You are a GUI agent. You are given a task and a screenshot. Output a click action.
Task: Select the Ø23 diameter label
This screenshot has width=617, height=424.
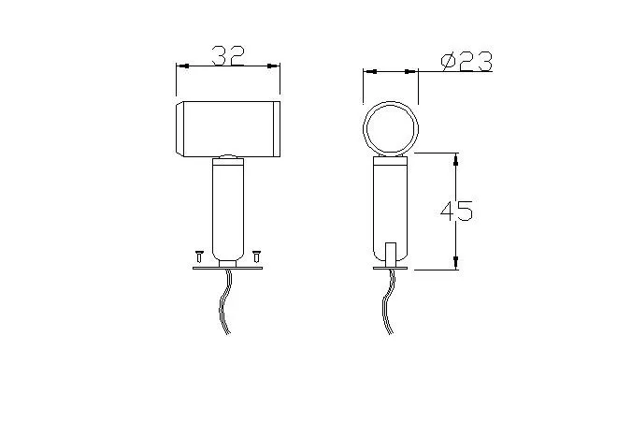465,62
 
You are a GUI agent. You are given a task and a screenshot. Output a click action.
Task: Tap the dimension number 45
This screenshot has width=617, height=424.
456,212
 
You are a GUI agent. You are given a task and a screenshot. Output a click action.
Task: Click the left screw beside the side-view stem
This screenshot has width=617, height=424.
198,254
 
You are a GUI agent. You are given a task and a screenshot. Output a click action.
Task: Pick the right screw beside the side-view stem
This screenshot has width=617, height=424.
256,254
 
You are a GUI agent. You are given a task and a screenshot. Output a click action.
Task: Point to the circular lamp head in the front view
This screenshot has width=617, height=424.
390,128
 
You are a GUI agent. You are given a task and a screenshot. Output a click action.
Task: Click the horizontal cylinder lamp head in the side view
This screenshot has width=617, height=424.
228,127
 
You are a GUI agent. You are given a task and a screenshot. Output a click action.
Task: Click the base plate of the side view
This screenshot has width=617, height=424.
227,268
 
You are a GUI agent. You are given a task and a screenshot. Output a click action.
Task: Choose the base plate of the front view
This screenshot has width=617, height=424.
391,268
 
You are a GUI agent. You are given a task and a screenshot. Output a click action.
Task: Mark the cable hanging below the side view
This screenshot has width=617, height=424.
224,304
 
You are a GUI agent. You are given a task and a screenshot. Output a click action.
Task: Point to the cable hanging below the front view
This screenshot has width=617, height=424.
386,304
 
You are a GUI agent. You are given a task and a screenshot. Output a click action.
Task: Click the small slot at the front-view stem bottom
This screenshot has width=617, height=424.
391,252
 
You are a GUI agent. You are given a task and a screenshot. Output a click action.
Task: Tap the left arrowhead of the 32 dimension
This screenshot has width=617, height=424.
181,66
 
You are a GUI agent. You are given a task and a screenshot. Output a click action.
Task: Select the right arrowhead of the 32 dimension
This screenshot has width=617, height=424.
275,66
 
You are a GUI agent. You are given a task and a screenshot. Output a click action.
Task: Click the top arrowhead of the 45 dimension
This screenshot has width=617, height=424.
455,157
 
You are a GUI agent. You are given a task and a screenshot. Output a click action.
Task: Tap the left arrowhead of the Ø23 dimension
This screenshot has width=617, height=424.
368,70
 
